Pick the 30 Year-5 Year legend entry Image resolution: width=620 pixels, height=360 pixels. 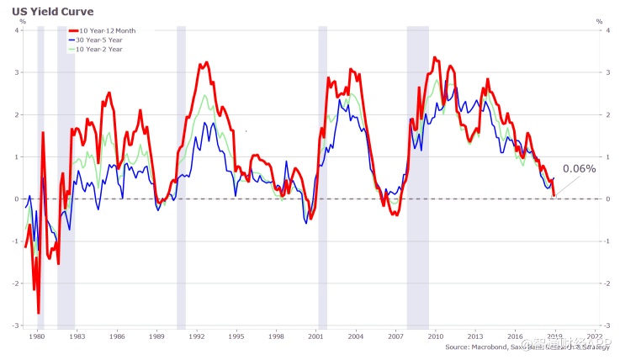coord(106,40)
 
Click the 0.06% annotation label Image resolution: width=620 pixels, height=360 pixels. coord(579,168)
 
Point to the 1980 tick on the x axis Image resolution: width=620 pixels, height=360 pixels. coord(37,336)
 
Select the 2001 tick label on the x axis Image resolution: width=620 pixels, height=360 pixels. coord(316,336)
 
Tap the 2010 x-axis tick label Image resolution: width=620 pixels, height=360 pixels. coord(436,336)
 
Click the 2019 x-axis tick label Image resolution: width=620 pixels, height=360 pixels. coord(555,336)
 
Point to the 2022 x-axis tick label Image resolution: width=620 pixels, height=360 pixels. coord(596,336)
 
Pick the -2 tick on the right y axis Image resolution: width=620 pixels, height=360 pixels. coord(608,283)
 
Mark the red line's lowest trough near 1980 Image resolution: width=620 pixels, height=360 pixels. coord(39,313)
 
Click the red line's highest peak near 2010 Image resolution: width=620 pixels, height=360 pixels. coord(434,57)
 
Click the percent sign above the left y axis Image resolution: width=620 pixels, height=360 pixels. coord(22,21)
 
